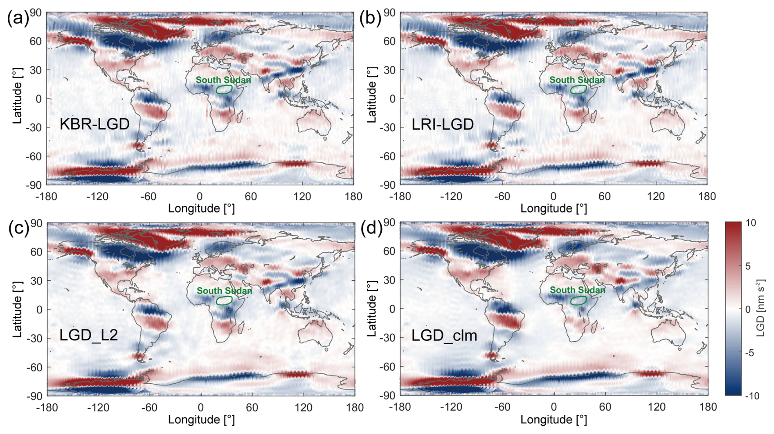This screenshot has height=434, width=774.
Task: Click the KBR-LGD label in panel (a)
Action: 94,124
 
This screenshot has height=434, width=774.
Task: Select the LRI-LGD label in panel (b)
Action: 443,124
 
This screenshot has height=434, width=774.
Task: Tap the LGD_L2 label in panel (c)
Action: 89,336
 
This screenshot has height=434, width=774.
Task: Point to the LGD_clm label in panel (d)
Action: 444,336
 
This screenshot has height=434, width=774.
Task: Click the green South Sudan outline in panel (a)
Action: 224,85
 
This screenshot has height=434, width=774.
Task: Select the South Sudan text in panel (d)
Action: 577,290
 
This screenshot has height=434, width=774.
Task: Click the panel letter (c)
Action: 19,228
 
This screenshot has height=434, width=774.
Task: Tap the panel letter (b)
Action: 370,18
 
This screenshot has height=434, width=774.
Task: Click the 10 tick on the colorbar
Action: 751,223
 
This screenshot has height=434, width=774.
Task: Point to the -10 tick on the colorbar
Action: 752,396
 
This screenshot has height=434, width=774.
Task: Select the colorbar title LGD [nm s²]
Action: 761,309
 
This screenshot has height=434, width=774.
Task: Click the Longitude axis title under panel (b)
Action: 553,208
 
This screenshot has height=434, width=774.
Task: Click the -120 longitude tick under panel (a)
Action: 97,197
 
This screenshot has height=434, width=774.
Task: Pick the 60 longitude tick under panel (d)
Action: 605,407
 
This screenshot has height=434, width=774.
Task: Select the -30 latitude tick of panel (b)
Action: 389,127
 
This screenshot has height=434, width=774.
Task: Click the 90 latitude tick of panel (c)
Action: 36,223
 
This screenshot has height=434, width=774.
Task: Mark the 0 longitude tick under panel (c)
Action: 200,407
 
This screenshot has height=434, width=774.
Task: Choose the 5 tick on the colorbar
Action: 748,266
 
